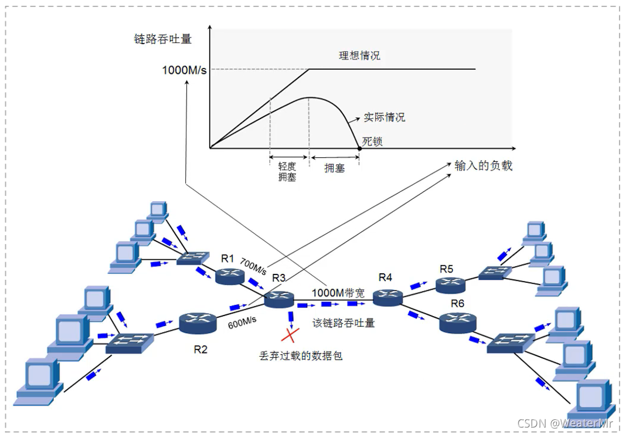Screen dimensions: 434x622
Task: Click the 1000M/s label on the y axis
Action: [185, 70]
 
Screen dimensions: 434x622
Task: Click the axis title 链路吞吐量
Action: [163, 40]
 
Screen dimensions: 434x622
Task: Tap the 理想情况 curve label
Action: [359, 56]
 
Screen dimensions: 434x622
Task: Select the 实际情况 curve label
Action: [384, 117]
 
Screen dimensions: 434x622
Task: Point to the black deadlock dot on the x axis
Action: [359, 148]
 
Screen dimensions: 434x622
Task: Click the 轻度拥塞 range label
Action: [287, 171]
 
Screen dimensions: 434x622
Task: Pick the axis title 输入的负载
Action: [484, 166]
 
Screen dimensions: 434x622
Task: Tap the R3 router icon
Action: [278, 300]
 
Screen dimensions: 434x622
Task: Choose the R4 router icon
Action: [388, 297]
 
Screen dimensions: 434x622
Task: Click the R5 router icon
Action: [450, 285]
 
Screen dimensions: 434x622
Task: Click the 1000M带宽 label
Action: [338, 293]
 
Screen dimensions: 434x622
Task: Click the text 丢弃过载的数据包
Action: [301, 355]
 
